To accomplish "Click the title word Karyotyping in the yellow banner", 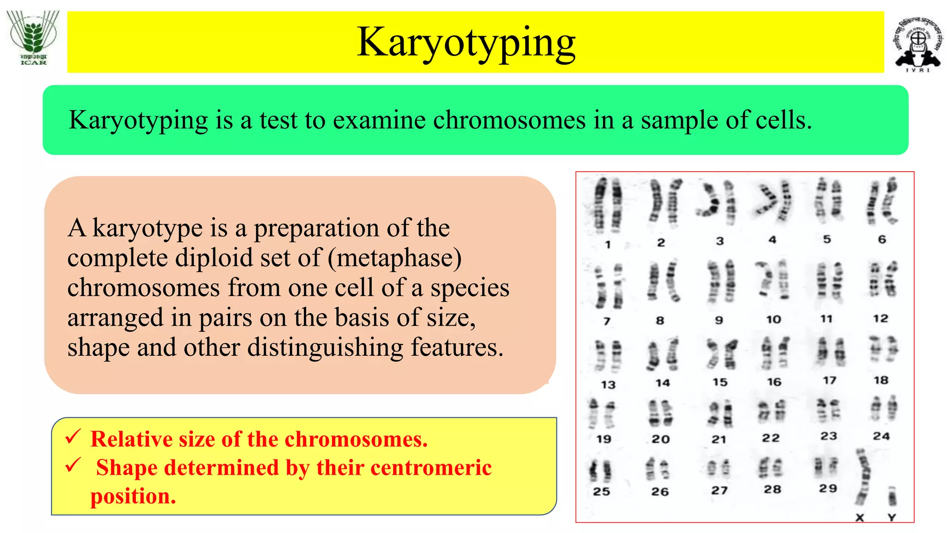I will coord(466,43).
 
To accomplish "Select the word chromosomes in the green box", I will coord(509,120).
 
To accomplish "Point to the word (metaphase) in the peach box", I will coord(394,258).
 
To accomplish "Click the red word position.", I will coord(133,496).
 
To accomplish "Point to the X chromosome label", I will coord(860,518).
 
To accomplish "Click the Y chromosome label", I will coord(892,518).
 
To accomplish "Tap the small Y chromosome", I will coord(892,497).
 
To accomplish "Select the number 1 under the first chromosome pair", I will coord(608,245).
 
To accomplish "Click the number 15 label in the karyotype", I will coord(719,383).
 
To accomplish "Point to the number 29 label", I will coord(828,489).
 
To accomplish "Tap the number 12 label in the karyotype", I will coord(880,319).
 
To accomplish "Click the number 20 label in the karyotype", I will coord(661,439).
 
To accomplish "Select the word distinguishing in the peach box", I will coord(326,348).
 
